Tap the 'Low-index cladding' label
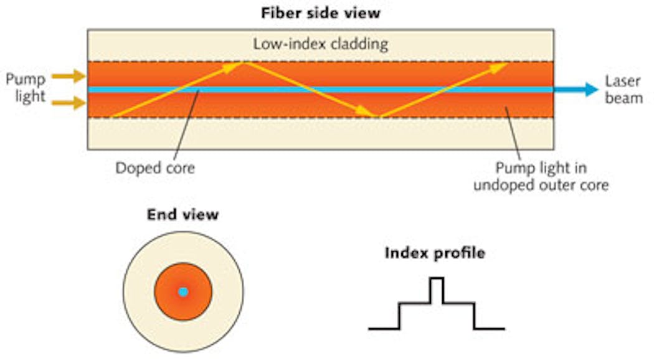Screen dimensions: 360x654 pyautogui.click(x=320, y=44)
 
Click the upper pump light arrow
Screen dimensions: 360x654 pyautogui.click(x=68, y=77)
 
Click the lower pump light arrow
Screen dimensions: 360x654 pyautogui.click(x=68, y=103)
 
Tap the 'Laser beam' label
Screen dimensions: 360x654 pyautogui.click(x=623, y=90)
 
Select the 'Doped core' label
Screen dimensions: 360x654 pyautogui.click(x=155, y=168)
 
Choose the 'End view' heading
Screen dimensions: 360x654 pyautogui.click(x=182, y=215)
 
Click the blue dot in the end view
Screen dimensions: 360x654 pyautogui.click(x=182, y=291)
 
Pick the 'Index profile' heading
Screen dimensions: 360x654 pyautogui.click(x=435, y=253)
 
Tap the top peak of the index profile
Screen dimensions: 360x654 pyautogui.click(x=437, y=279)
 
